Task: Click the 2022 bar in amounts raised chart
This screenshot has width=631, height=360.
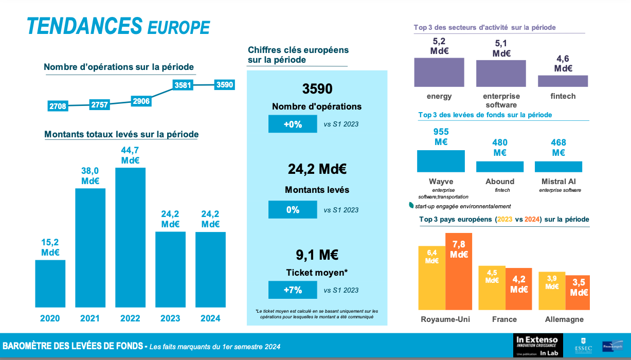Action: pyautogui.click(x=130, y=239)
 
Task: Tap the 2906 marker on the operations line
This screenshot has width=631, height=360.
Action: pyautogui.click(x=141, y=101)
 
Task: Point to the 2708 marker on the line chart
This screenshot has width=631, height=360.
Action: pyautogui.click(x=58, y=106)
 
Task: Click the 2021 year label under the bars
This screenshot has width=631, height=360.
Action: pyautogui.click(x=90, y=318)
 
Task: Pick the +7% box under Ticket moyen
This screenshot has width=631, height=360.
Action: pyautogui.click(x=293, y=290)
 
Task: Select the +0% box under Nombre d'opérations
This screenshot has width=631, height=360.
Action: pyautogui.click(x=293, y=124)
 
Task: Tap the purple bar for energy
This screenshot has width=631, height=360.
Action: pyautogui.click(x=439, y=72)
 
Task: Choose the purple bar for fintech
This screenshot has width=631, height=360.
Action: pyautogui.click(x=563, y=81)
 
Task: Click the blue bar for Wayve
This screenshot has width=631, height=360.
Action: pyautogui.click(x=441, y=161)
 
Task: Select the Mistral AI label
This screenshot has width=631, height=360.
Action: pyautogui.click(x=558, y=182)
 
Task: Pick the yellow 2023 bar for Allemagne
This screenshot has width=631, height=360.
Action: pyautogui.click(x=552, y=291)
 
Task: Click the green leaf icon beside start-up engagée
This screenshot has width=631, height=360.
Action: pyautogui.click(x=411, y=205)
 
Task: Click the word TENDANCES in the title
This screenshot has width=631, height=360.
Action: pyautogui.click(x=84, y=26)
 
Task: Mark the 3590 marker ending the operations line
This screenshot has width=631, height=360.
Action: pyautogui.click(x=225, y=85)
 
